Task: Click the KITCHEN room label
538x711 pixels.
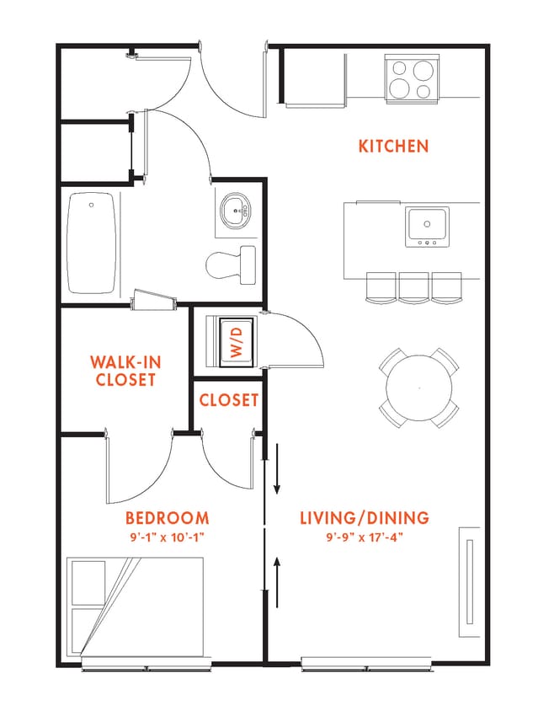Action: pos(393,146)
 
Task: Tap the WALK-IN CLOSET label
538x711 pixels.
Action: pos(125,371)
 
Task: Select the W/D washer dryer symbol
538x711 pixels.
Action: pos(236,342)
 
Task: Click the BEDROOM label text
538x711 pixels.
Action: pos(168,518)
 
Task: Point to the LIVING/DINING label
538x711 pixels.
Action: pos(365,517)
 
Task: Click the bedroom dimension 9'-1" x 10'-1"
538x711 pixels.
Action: pos(168,537)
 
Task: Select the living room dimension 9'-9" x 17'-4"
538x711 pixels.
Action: pos(365,537)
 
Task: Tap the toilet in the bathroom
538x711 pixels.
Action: pos(231,265)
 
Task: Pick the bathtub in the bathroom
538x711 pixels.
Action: pos(91,243)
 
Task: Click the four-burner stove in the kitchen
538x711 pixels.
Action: pos(412,79)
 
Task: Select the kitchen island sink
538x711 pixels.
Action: pos(427,227)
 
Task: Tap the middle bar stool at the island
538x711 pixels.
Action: pos(413,287)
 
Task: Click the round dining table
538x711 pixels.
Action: pos(419,388)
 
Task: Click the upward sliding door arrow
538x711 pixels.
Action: pos(277,582)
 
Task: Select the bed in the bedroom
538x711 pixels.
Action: pos(135,607)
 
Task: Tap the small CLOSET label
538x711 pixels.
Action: pos(229,400)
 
